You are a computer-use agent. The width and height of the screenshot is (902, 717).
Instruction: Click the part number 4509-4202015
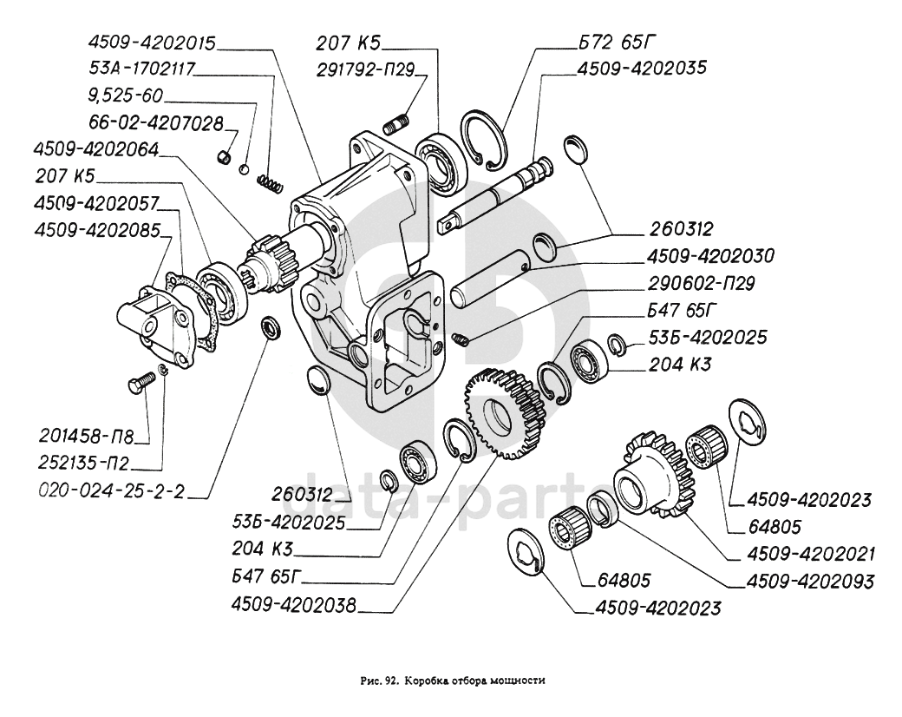click(152, 43)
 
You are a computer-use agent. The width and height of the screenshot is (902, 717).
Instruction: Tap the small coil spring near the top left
click(272, 182)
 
